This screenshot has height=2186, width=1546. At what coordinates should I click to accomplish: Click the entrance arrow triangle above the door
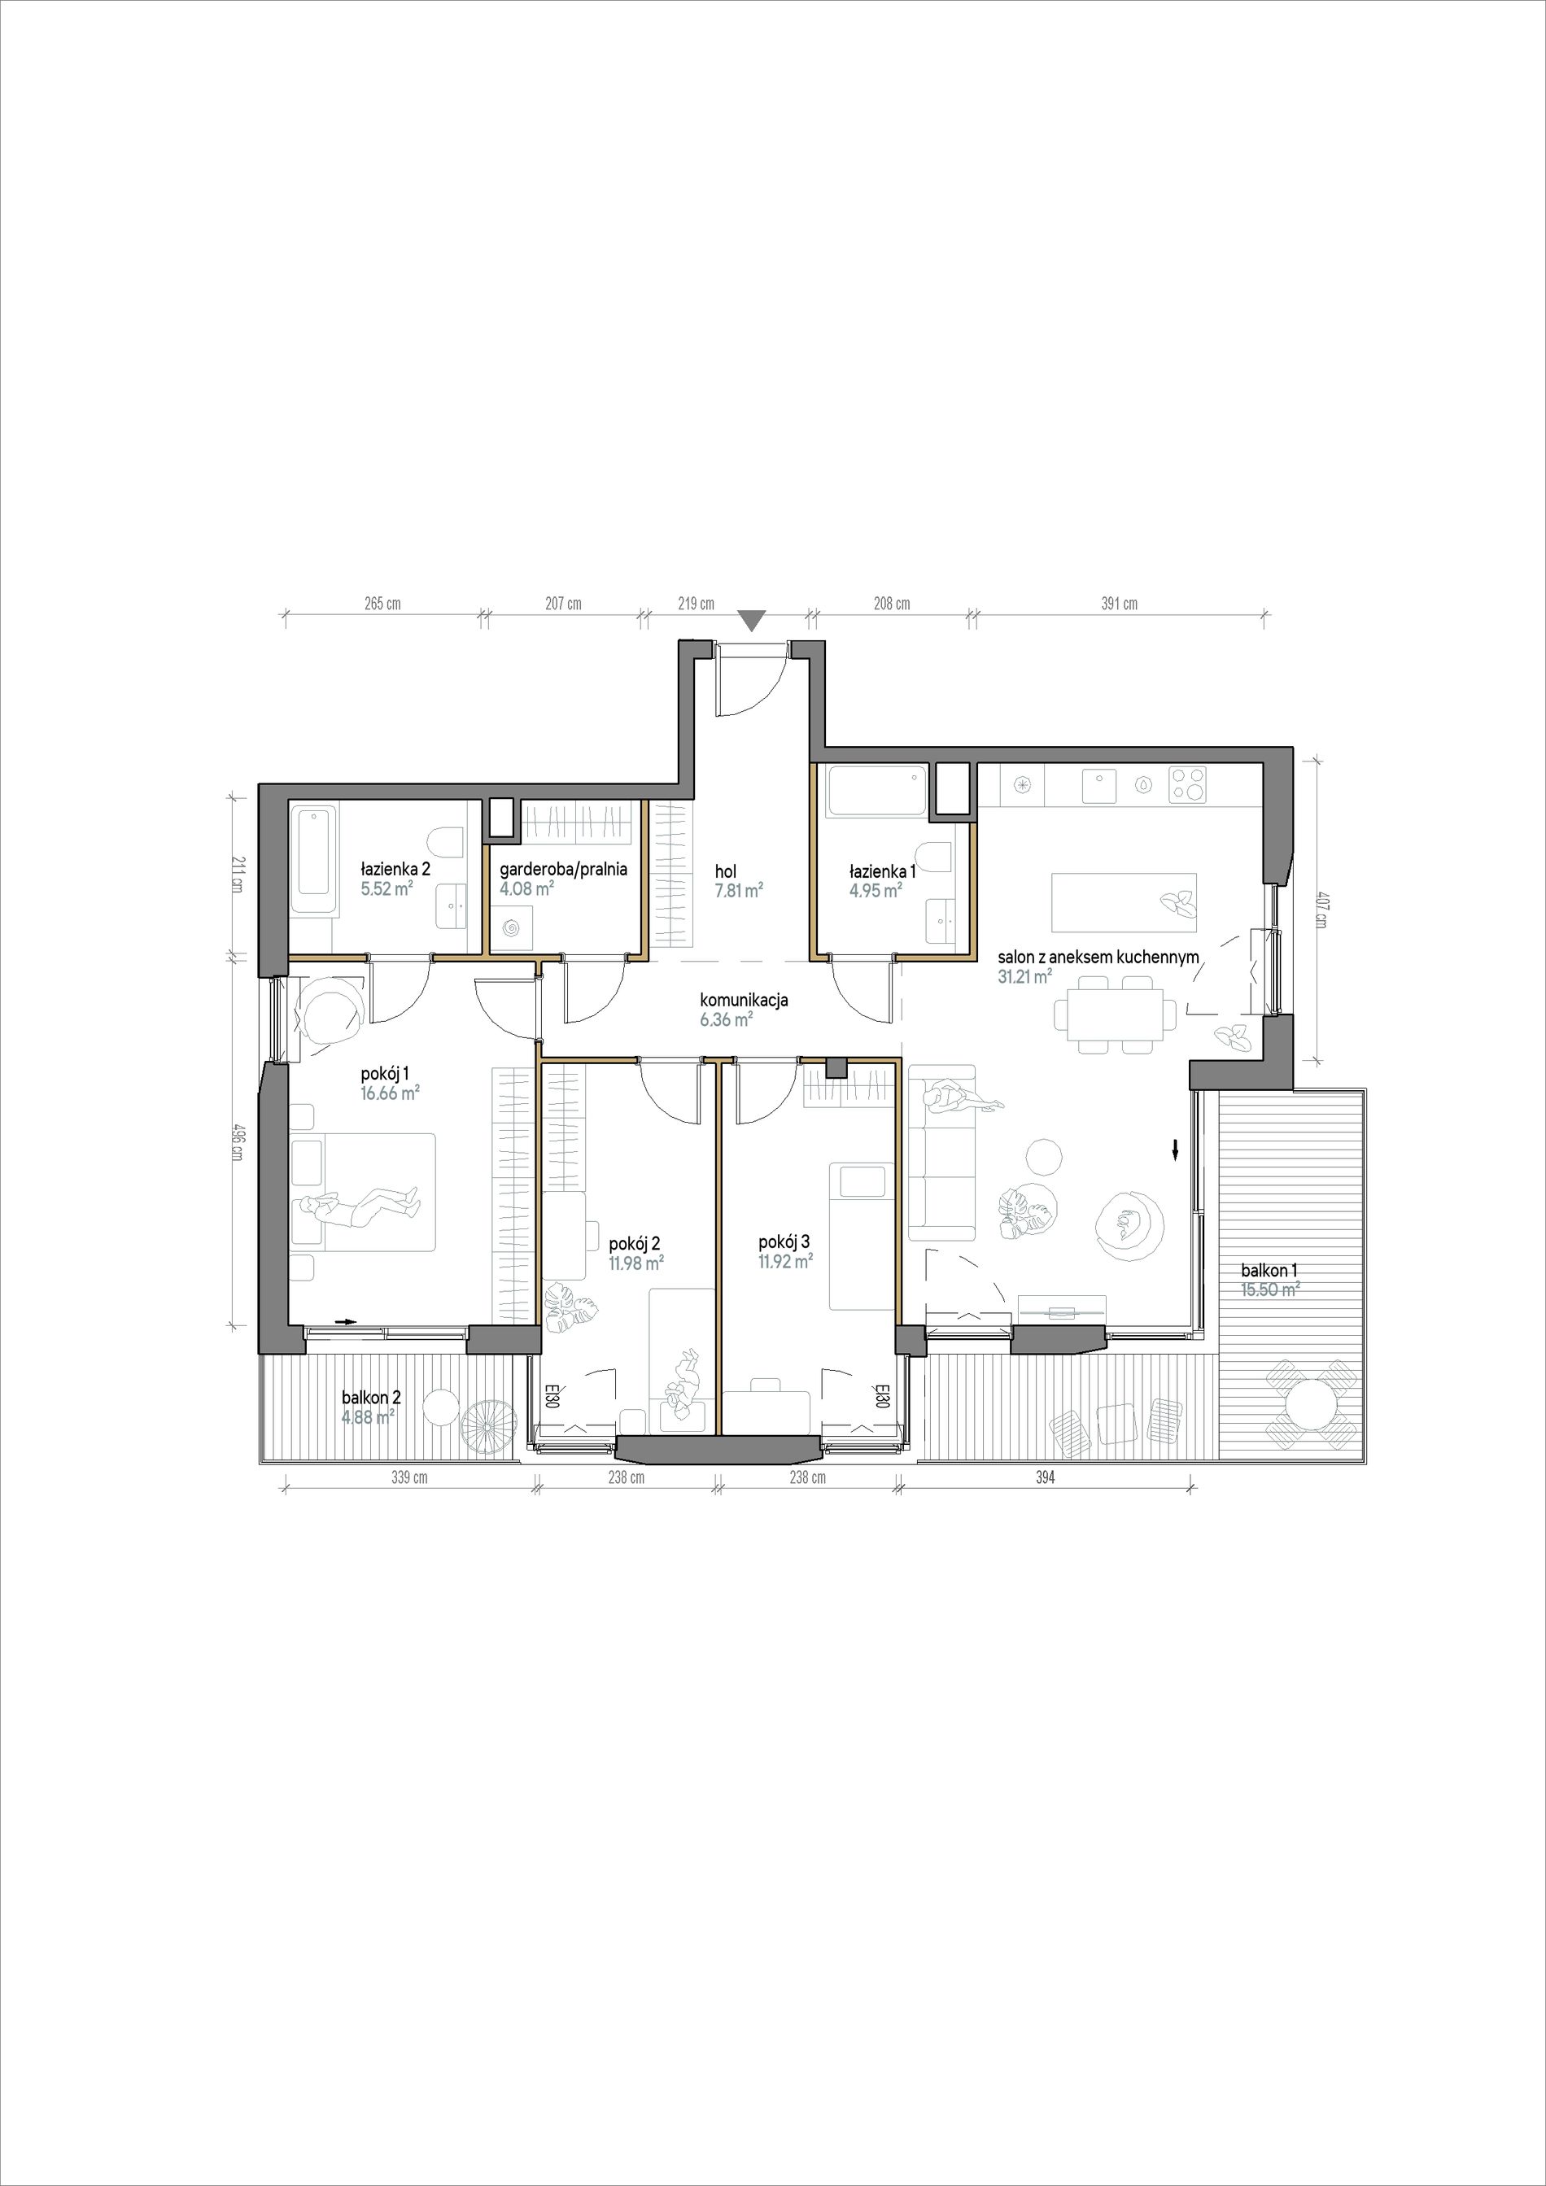pos(752,621)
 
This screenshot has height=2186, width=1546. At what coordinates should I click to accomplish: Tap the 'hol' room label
pos(726,870)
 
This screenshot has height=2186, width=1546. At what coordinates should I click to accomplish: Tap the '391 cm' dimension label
pos(1120,604)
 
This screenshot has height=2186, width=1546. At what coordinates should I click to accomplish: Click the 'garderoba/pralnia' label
pos(564,869)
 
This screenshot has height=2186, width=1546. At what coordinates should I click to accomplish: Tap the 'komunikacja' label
pos(744,1001)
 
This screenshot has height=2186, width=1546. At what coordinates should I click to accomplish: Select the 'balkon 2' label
pos(371,1398)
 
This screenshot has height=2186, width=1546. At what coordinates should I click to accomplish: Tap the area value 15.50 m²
pos(1270,1290)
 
